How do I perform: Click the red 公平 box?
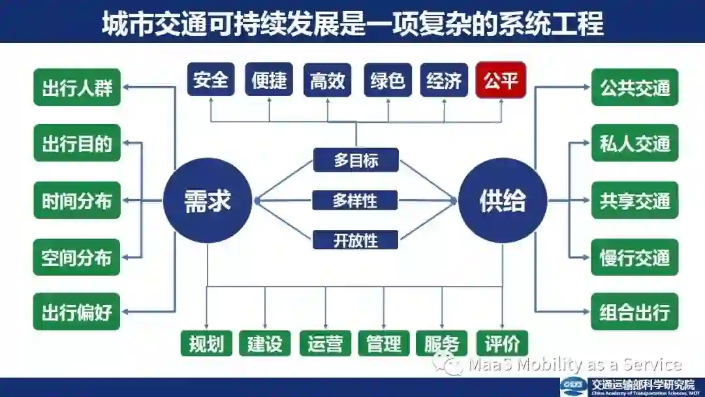(501, 80)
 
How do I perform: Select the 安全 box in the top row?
(210, 80)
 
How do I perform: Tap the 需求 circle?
(208, 200)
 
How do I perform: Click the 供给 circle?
(502, 200)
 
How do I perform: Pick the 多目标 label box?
(356, 160)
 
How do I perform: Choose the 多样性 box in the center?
(355, 200)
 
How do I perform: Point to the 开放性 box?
(356, 240)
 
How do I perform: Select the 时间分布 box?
(77, 200)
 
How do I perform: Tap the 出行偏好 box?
(77, 311)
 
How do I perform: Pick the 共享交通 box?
(634, 200)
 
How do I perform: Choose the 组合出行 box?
(634, 311)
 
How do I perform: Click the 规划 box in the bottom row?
(206, 343)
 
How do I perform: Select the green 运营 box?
(324, 343)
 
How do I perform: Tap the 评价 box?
(501, 343)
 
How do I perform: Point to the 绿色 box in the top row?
(388, 80)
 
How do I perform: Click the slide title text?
(352, 24)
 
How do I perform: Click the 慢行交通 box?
(634, 257)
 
